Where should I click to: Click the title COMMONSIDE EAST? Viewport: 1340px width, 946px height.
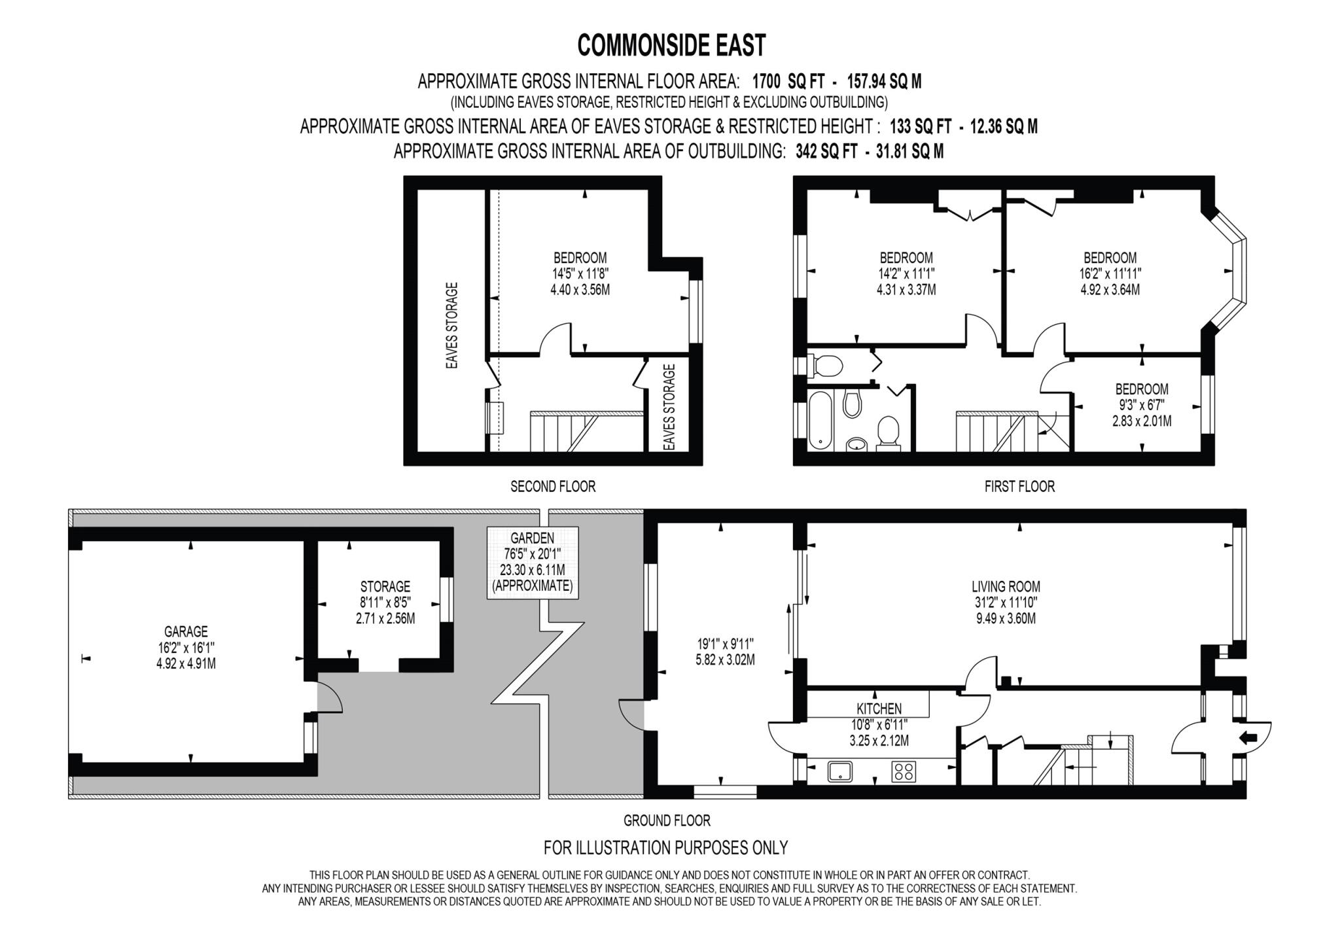click(x=671, y=45)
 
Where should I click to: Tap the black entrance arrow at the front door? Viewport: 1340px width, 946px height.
click(x=1248, y=738)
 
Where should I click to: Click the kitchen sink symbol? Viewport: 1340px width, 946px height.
click(x=839, y=772)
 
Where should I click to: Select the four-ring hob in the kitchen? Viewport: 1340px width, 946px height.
click(x=904, y=772)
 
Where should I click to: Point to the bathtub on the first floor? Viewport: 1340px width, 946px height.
click(x=819, y=420)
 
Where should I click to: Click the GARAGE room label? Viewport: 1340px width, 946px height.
click(x=186, y=632)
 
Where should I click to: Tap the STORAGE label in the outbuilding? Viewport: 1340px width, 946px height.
click(x=385, y=587)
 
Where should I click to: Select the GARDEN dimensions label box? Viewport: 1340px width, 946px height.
click(x=533, y=562)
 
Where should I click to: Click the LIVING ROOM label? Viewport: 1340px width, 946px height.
click(x=1006, y=587)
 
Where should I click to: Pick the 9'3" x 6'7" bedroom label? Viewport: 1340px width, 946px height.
click(x=1142, y=405)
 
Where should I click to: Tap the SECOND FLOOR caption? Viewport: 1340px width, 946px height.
click(x=553, y=487)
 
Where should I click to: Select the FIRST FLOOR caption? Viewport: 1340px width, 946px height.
click(x=1019, y=487)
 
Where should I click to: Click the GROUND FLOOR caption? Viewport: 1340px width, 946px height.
click(x=667, y=820)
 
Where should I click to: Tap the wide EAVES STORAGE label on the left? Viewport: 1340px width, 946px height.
click(x=451, y=325)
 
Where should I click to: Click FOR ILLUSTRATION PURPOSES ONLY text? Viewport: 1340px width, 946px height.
click(x=665, y=848)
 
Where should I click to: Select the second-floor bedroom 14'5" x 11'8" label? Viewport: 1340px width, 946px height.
click(x=580, y=273)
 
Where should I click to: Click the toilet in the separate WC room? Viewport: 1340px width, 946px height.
click(x=827, y=366)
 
